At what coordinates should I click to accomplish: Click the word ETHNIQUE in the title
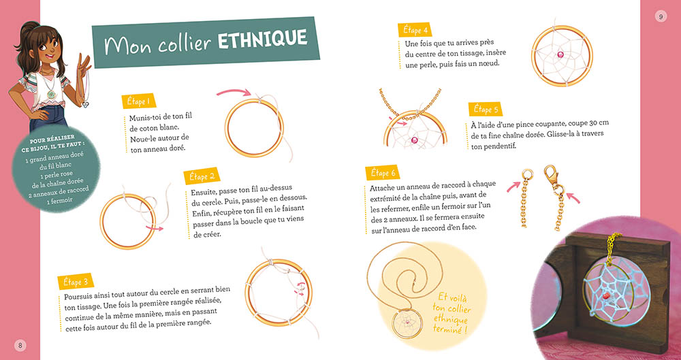(262, 41)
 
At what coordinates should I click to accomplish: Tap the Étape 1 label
(137, 101)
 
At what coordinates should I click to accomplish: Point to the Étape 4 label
(415, 31)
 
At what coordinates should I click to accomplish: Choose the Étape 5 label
(486, 110)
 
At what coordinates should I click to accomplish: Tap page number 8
(20, 345)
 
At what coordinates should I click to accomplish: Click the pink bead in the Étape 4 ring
(561, 54)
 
